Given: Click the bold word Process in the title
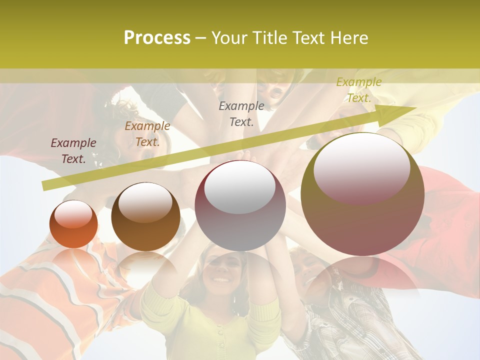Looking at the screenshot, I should (157, 38).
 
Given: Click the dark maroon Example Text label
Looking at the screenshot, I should (73, 150).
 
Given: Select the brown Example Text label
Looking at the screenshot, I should (147, 134).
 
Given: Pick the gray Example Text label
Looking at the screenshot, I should (241, 113).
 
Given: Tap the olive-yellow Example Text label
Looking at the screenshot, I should (358, 90).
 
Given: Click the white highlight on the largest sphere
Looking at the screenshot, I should (361, 167).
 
